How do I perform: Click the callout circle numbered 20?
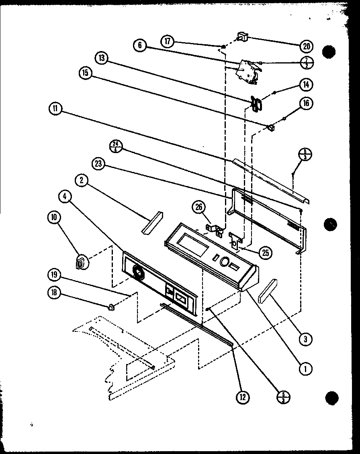[306, 46]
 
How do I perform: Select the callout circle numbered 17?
[168, 41]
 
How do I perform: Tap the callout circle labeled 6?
[140, 45]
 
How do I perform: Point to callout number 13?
[102, 58]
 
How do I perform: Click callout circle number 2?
[82, 181]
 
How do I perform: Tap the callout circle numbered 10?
[53, 217]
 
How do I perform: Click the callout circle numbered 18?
[54, 293]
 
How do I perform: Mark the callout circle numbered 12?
[242, 397]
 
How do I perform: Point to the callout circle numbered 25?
[265, 253]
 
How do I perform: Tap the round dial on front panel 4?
[138, 273]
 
